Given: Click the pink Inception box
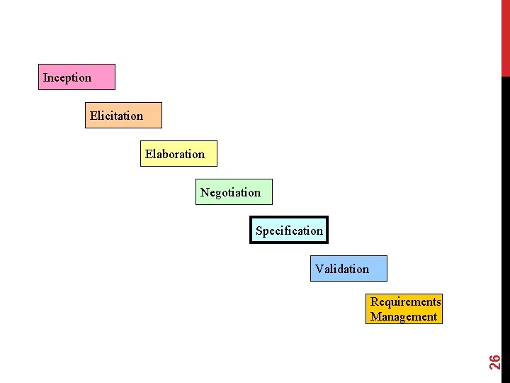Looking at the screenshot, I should [x=76, y=77].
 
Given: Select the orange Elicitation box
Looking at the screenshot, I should [x=123, y=115].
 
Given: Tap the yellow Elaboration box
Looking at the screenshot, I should [x=178, y=153].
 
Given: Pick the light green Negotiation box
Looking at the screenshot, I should [x=234, y=191].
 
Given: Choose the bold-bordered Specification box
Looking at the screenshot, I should [x=289, y=230].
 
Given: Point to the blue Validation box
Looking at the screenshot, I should [x=348, y=268].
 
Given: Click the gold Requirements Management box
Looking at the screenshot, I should [x=404, y=309].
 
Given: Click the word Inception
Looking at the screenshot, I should [x=67, y=77].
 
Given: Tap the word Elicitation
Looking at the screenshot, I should [x=116, y=116].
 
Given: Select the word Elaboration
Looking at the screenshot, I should [x=175, y=154].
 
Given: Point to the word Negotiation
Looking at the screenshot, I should [x=230, y=192].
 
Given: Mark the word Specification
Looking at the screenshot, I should [x=289, y=231].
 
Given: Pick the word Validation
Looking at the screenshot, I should [x=342, y=269].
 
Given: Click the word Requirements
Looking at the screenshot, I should [x=405, y=302].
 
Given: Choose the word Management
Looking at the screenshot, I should [x=404, y=316].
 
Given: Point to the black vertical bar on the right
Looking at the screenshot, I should [x=505, y=213].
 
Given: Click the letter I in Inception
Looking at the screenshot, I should [x=45, y=77].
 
